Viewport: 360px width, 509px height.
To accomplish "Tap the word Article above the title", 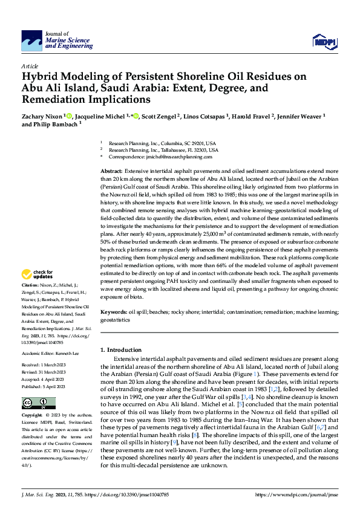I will coord(30,66).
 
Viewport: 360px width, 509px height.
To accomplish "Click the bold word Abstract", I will coord(111,172).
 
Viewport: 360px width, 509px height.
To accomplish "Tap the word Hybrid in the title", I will coord(43,77).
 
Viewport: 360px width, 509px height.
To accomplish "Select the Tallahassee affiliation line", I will coord(163,150).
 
